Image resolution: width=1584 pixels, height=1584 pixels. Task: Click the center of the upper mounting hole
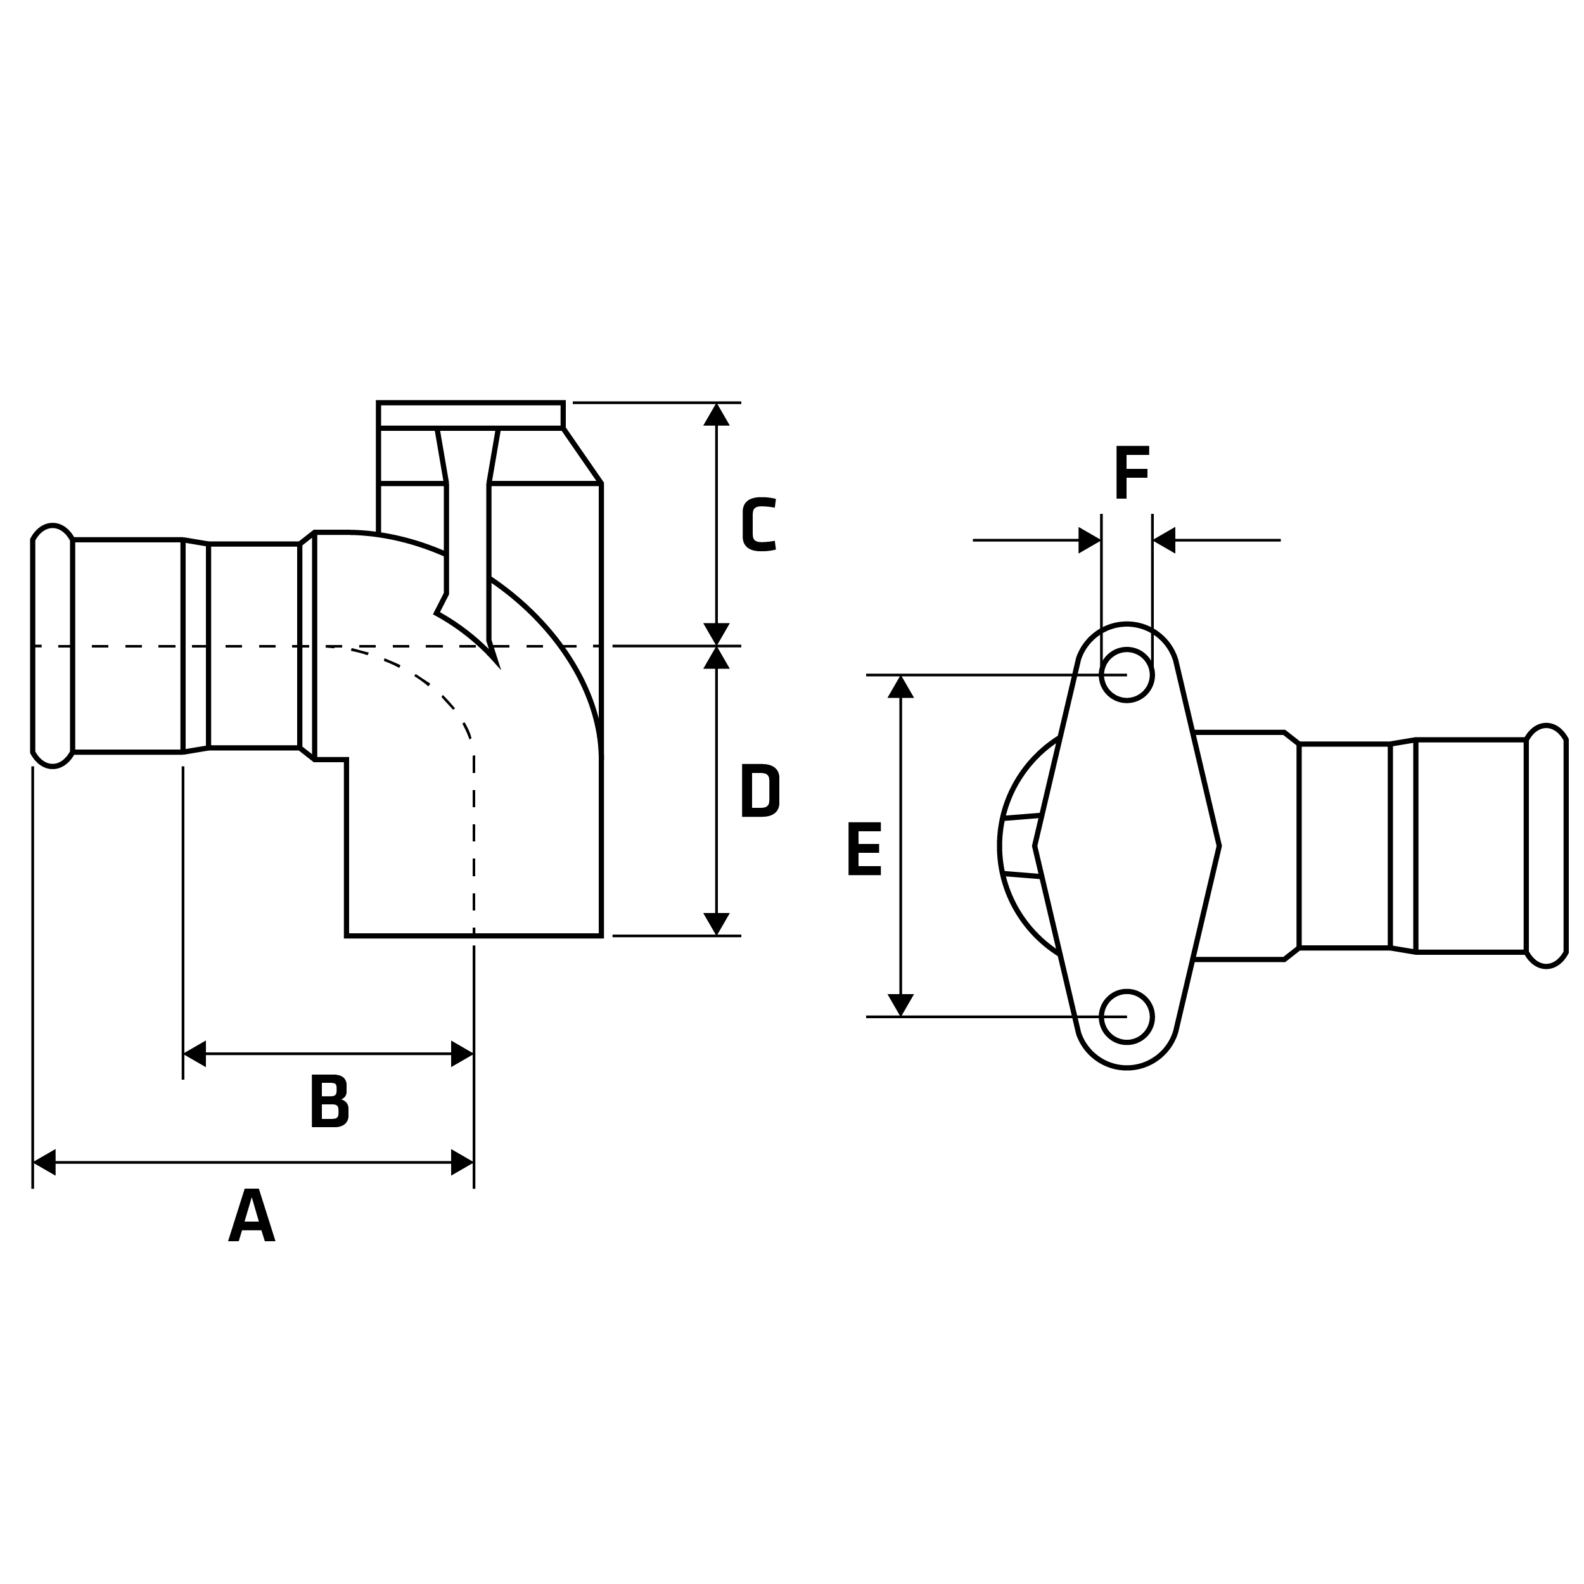[x=1127, y=675]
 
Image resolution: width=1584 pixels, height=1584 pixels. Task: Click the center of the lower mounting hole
[x=1127, y=1017]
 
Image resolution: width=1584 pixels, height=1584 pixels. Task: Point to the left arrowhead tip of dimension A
[x=33, y=1163]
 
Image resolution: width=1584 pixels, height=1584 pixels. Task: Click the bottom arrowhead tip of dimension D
[x=717, y=935]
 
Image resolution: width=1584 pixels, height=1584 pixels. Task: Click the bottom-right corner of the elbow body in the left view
[x=602, y=935]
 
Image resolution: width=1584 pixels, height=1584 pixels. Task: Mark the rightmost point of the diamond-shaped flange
[x=1220, y=845]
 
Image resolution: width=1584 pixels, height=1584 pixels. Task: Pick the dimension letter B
[x=329, y=1101]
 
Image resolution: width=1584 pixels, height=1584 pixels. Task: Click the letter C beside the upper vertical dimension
[x=759, y=524]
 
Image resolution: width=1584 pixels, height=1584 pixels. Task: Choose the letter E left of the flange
[x=864, y=848]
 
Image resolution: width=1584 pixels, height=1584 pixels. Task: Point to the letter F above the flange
[x=1132, y=472]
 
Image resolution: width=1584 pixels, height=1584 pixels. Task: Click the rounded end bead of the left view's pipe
[x=53, y=646]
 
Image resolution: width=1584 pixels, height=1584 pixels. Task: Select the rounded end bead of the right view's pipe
[x=1545, y=846]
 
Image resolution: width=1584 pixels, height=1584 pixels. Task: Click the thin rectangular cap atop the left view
[x=471, y=415]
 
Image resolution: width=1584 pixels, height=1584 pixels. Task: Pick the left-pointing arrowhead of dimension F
[x=1164, y=540]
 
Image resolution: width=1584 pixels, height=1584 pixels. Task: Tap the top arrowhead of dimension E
[x=900, y=686]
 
